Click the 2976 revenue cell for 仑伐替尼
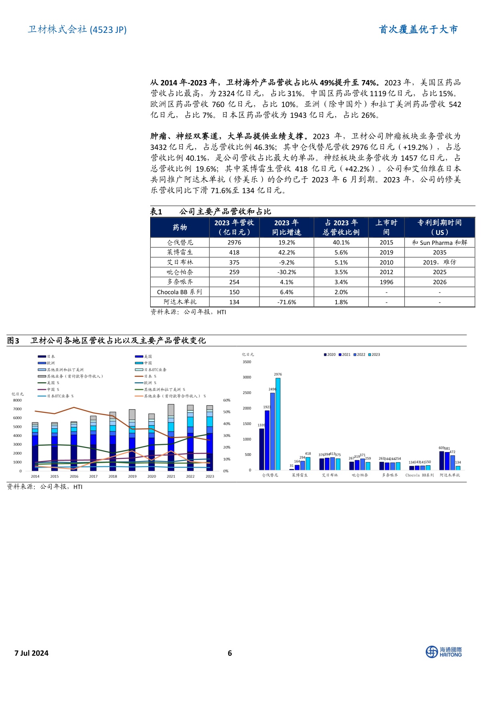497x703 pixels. [234, 242]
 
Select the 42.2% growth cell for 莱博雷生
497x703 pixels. [287, 253]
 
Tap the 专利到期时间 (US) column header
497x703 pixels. [439, 227]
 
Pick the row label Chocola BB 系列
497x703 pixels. [179, 292]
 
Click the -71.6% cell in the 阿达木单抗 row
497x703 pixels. [287, 302]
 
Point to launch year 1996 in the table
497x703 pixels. [386, 282]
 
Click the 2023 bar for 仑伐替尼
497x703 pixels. [278, 424]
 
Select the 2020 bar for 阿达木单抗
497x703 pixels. [442, 461]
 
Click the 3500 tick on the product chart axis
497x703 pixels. [247, 362]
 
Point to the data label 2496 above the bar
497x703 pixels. [272, 389]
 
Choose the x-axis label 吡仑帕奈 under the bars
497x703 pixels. [360, 475]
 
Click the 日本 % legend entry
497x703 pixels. [150, 376]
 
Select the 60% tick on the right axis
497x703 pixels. [227, 400]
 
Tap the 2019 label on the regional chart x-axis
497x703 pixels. [132, 477]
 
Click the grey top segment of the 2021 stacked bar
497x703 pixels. [171, 410]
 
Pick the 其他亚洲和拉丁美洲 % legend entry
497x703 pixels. [164, 390]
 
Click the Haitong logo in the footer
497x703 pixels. [443, 652]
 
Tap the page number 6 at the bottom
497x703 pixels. [230, 653]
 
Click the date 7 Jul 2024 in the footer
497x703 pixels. [31, 653]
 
